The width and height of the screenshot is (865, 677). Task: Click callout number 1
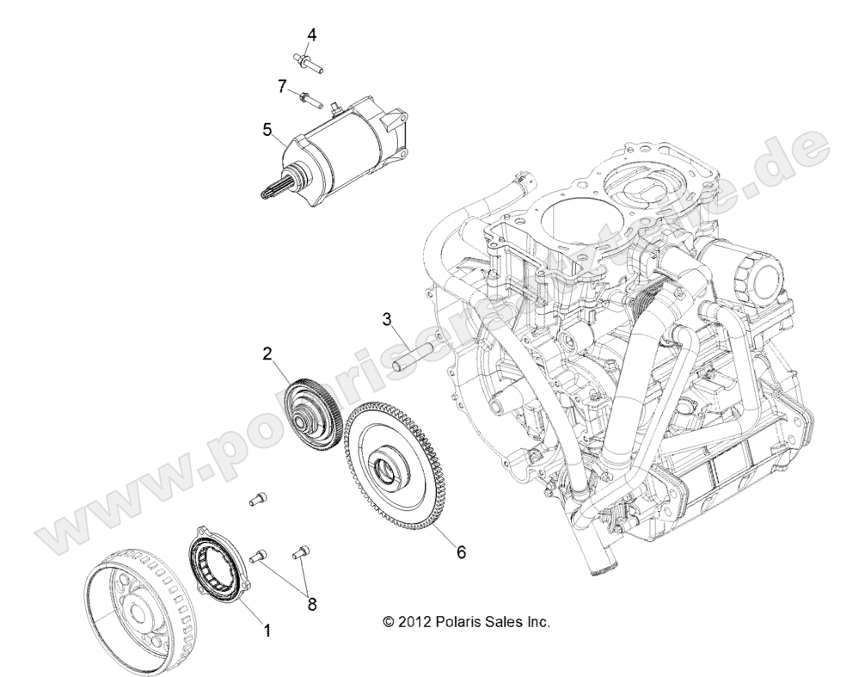tap(267, 631)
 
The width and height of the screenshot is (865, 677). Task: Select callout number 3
tap(388, 319)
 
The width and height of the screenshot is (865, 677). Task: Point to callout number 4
tap(312, 34)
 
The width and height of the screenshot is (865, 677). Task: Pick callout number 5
tap(267, 130)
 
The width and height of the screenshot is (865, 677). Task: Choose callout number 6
tap(461, 551)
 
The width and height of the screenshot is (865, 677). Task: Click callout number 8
tap(312, 604)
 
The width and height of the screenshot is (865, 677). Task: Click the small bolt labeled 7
tap(309, 97)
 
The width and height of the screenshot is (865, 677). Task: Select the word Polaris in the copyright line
tap(465, 621)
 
